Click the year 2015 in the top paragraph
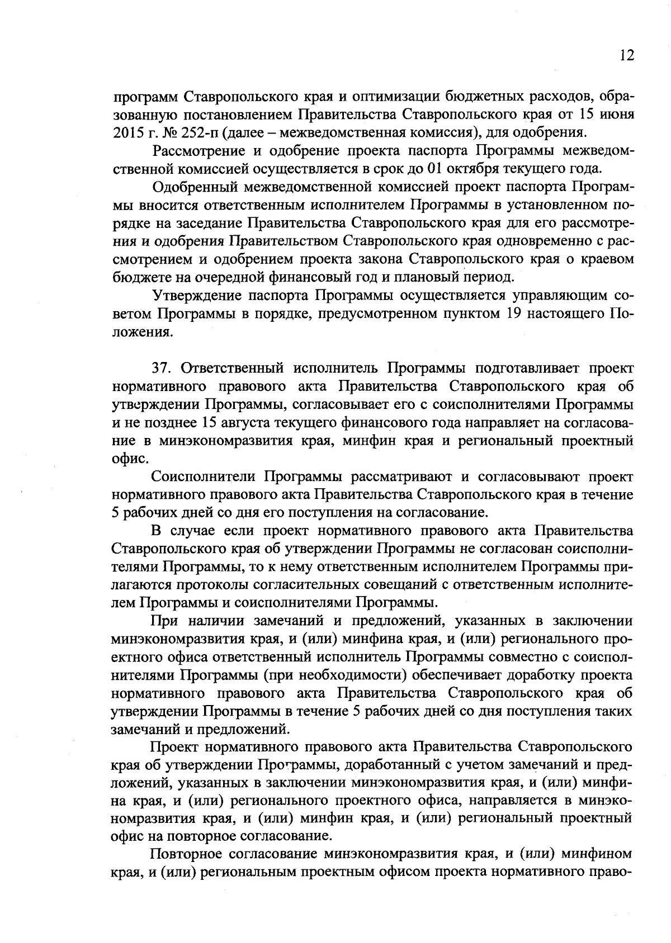pos(126,133)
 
